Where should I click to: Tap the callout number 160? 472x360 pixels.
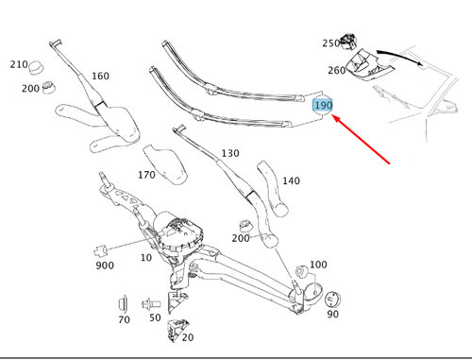click(x=100, y=77)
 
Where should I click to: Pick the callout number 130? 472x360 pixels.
click(x=229, y=153)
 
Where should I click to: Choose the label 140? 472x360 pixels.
click(x=291, y=180)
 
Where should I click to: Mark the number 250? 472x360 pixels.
click(x=330, y=43)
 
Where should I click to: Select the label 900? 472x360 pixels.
click(x=104, y=266)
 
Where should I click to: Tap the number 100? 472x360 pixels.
click(x=318, y=265)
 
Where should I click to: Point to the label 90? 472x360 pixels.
click(x=331, y=315)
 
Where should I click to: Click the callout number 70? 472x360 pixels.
click(x=124, y=320)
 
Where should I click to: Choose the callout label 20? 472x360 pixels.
click(x=187, y=337)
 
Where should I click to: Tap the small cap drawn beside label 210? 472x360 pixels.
click(x=39, y=68)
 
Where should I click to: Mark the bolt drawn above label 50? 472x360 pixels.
click(x=149, y=304)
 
